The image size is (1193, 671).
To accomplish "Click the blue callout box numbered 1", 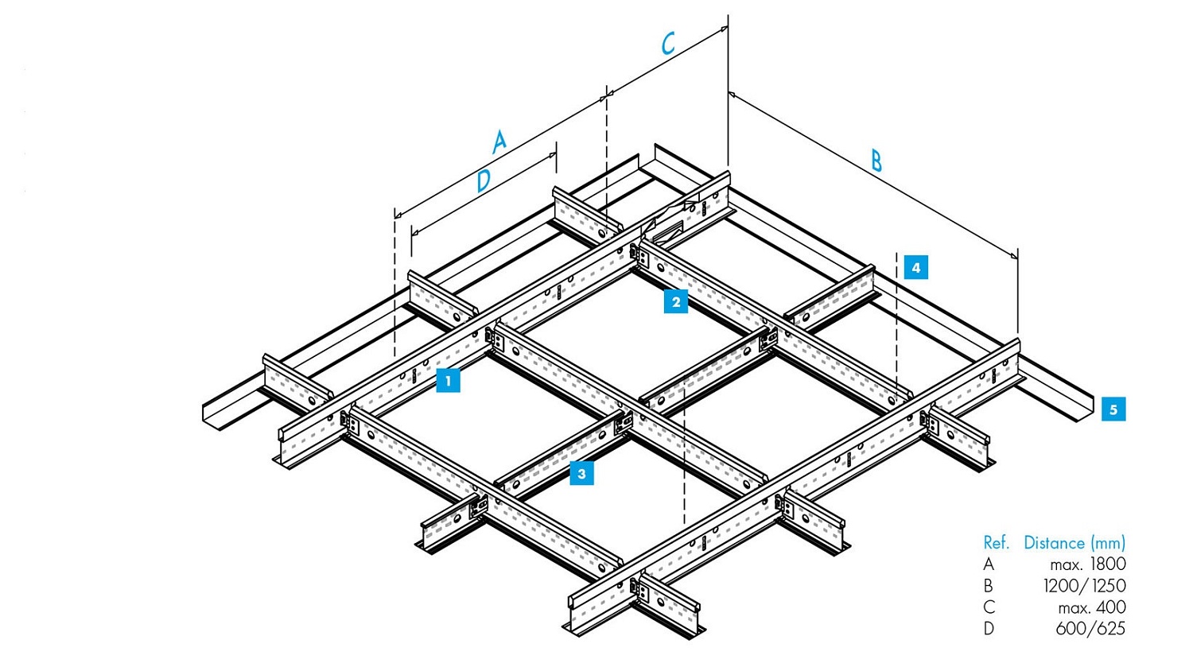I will (448, 381).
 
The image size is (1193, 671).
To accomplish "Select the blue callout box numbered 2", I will (676, 301).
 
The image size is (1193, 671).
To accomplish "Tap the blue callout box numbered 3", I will (581, 474).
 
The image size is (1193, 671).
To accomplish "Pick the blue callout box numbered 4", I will (915, 267).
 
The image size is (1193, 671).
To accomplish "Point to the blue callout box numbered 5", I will (1113, 409).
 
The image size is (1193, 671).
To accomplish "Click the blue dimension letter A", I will (499, 142).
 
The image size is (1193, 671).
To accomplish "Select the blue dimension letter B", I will (876, 161).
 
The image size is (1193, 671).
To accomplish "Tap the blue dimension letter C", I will (668, 43).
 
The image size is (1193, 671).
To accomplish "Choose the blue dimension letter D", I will (483, 181).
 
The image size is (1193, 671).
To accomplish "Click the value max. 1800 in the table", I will (1087, 564).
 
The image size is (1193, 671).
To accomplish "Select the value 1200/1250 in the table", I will (1084, 586).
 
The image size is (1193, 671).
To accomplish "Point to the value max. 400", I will (1091, 607).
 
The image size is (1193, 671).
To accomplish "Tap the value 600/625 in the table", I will (1090, 629).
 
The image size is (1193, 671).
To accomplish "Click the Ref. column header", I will (996, 543).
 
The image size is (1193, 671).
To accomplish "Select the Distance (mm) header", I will (1074, 543).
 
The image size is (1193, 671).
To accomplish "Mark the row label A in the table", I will (989, 564).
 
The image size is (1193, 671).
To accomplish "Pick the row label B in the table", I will (988, 586).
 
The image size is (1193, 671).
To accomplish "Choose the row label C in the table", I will (989, 607).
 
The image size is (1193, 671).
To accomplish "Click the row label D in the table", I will (989, 629).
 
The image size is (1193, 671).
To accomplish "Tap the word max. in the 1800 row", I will (1067, 564).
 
